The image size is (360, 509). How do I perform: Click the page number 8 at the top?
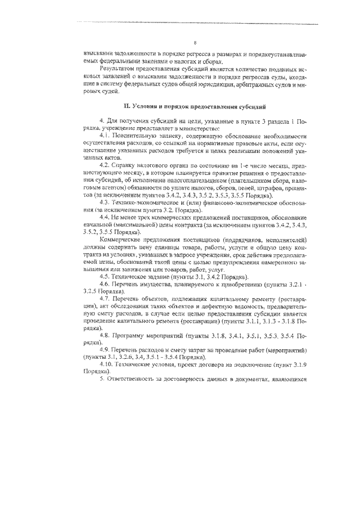coord(194,42)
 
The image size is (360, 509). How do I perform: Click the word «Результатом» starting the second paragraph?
coord(118,69)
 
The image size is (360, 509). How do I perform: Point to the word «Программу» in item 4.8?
coord(135,335)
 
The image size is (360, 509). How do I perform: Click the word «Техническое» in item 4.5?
coord(133,276)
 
